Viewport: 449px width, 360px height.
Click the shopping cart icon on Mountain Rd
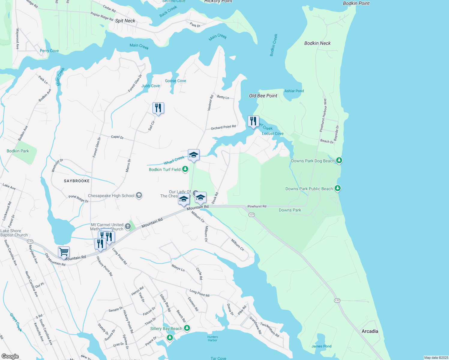pyautogui.click(x=64, y=252)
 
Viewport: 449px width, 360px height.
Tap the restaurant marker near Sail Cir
pyautogui.click(x=158, y=108)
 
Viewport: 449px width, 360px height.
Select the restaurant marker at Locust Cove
pyautogui.click(x=253, y=121)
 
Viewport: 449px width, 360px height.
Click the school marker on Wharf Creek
pyautogui.click(x=194, y=155)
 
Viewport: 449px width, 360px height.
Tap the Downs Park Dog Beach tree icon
pyautogui.click(x=339, y=160)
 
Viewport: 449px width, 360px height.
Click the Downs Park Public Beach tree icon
pyautogui.click(x=338, y=188)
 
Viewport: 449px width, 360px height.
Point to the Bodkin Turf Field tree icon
pyautogui.click(x=185, y=169)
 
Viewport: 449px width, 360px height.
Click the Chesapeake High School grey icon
pyautogui.click(x=139, y=196)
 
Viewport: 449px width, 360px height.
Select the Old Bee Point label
pyautogui.click(x=263, y=96)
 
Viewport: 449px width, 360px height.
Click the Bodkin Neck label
pyautogui.click(x=317, y=43)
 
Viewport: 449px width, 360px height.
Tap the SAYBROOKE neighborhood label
pyautogui.click(x=77, y=181)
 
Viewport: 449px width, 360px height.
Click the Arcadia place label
pyautogui.click(x=370, y=331)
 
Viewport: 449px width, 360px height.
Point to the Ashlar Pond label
pyautogui.click(x=294, y=91)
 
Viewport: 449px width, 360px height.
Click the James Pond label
pyautogui.click(x=321, y=346)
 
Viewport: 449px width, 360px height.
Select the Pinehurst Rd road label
pyautogui.click(x=257, y=206)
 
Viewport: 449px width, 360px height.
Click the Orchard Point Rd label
pyautogui.click(x=223, y=127)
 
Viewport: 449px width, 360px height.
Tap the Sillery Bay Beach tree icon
pyautogui.click(x=187, y=328)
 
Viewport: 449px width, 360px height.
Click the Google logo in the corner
pyautogui.click(x=10, y=356)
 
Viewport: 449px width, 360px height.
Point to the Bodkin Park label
pyautogui.click(x=18, y=151)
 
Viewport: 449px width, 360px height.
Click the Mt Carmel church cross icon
pyautogui.click(x=128, y=226)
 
